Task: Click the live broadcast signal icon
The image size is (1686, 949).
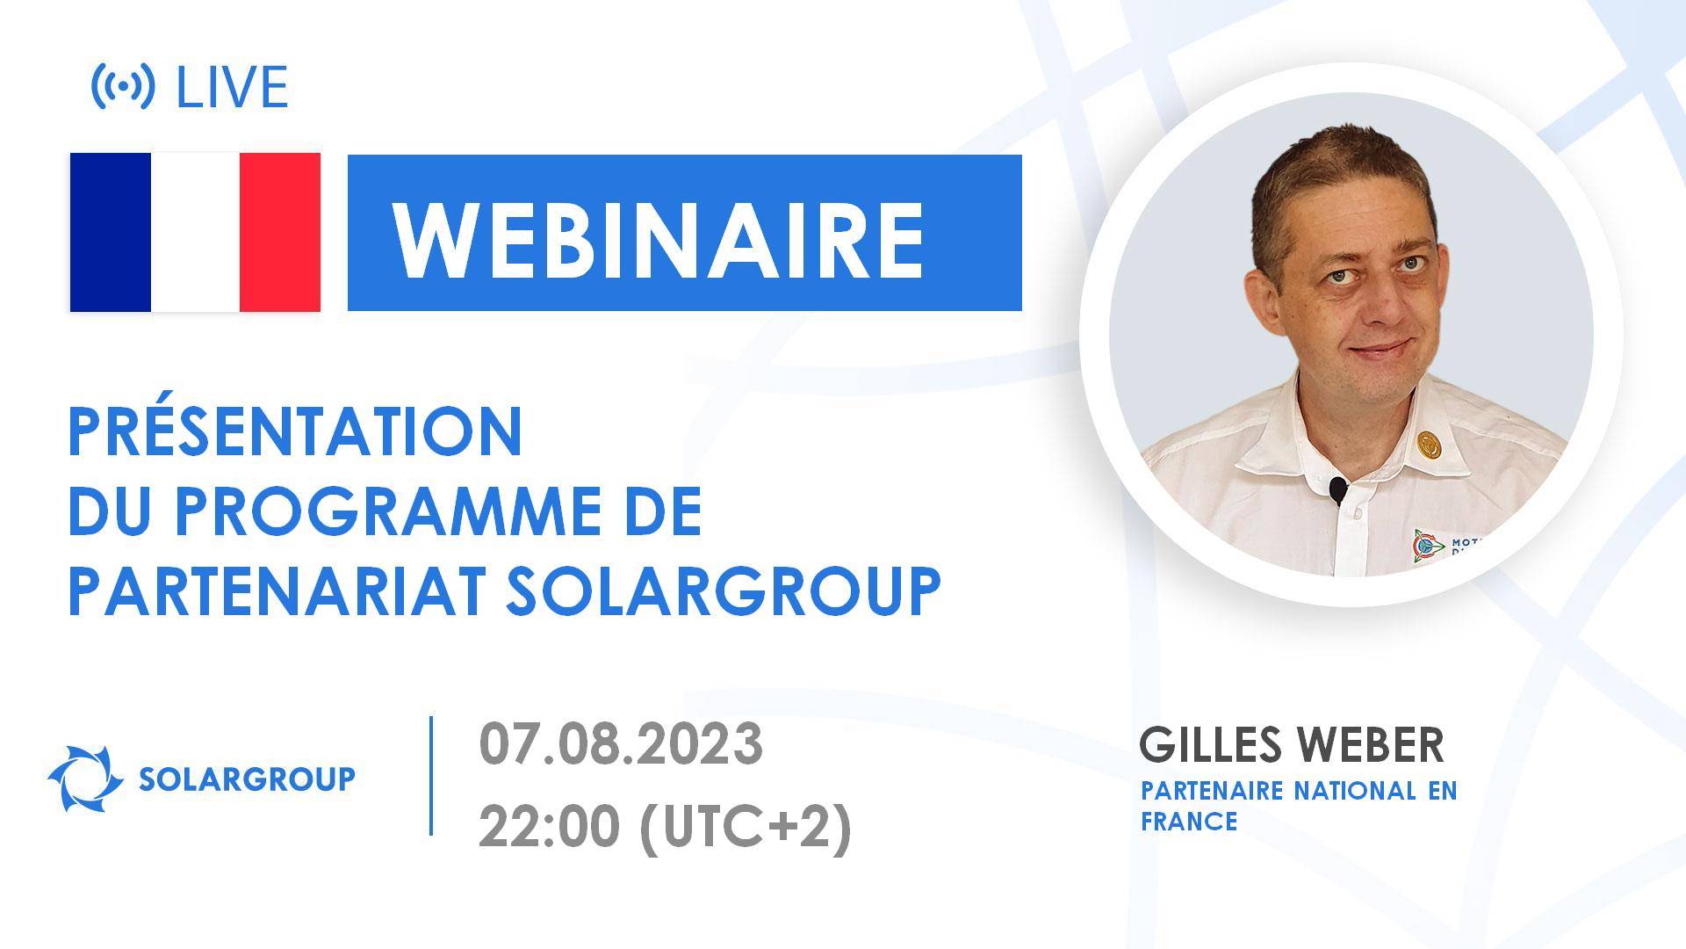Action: [x=123, y=86]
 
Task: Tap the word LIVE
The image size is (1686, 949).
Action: [x=232, y=87]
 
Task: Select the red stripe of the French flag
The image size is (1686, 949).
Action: [x=279, y=232]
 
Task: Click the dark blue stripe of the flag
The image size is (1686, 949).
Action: [x=111, y=232]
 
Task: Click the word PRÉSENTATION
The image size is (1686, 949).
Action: [x=295, y=431]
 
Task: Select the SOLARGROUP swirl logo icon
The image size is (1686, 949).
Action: [x=85, y=779]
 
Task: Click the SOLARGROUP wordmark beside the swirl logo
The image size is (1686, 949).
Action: [x=247, y=779]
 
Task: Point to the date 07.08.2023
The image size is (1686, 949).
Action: [x=621, y=743]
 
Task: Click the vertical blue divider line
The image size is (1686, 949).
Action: [x=431, y=774]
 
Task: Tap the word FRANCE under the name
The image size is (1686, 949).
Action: [x=1189, y=822]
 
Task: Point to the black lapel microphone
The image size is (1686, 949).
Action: [x=1337, y=489]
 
